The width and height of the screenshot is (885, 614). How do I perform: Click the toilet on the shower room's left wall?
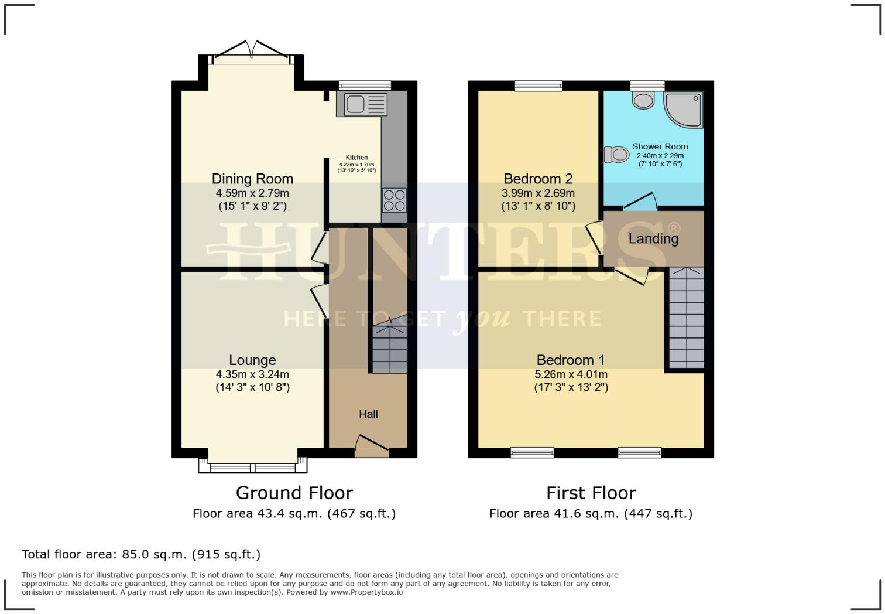point(615,155)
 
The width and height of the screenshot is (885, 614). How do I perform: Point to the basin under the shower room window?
point(643,100)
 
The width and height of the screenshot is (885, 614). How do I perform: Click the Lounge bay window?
point(253,468)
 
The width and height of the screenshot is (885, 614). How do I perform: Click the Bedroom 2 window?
point(538,86)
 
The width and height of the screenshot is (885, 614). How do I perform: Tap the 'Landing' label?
point(653,238)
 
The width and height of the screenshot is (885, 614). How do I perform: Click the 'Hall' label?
point(368,414)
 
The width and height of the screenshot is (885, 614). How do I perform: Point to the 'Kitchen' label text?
point(356,157)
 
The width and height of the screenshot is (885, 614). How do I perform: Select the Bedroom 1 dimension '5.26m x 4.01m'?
point(571,374)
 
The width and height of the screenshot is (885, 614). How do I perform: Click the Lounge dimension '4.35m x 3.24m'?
point(252,374)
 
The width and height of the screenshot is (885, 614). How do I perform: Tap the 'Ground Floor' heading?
point(294,493)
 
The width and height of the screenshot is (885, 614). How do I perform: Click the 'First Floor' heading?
point(591,493)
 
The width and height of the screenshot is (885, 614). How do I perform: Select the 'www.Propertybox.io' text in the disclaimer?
point(366,592)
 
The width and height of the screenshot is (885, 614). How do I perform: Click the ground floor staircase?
point(390,349)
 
